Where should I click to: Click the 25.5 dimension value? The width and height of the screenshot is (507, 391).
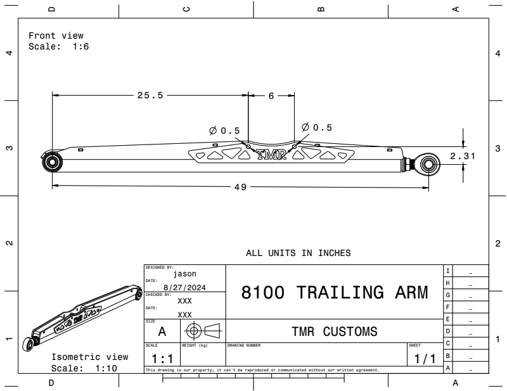[x=150, y=96]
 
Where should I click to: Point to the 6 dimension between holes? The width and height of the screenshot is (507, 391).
[x=271, y=96]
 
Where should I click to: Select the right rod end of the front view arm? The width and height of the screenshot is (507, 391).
[x=427, y=163]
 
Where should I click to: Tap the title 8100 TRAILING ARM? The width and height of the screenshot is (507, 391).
[x=335, y=293]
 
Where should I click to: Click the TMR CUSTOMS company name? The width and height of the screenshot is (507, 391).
[x=335, y=331]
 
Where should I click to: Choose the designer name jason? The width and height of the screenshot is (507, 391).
[x=185, y=274]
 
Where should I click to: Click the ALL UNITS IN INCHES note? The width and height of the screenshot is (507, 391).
[x=298, y=252]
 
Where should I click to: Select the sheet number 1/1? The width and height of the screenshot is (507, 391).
[x=425, y=359]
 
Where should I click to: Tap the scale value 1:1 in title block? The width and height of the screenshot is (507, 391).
[x=162, y=359]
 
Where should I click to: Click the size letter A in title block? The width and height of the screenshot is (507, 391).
[x=162, y=331]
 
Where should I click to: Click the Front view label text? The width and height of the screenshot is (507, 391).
[x=56, y=35]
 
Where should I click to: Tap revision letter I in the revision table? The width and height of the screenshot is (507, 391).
[x=448, y=271]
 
